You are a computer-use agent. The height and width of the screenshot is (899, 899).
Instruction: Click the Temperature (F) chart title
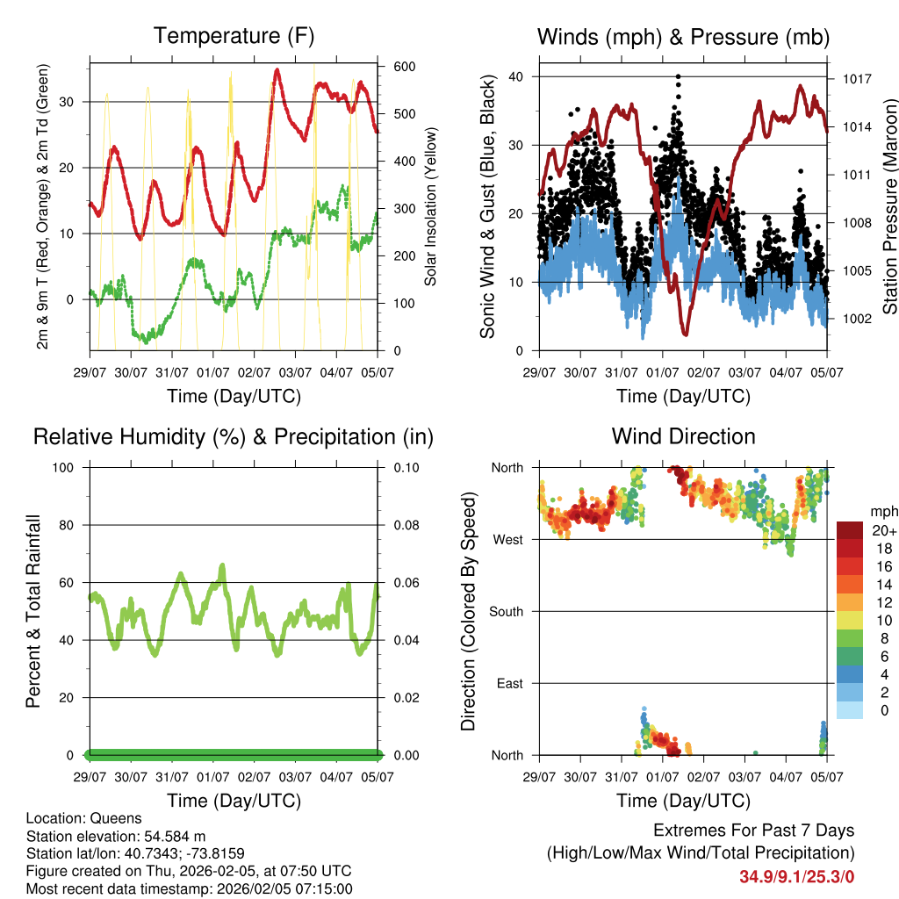(234, 37)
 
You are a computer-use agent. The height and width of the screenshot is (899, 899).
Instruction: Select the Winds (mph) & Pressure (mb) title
(683, 37)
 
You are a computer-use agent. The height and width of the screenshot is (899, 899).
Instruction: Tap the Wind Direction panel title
(683, 436)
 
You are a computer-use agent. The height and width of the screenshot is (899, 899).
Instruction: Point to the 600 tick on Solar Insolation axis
(404, 67)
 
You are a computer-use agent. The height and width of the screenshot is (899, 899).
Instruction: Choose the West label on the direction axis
(508, 539)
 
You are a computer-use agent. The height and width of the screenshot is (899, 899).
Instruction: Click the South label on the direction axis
(507, 611)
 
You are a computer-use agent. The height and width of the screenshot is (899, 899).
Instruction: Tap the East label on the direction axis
(510, 683)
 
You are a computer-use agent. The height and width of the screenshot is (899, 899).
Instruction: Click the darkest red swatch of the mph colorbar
(849, 530)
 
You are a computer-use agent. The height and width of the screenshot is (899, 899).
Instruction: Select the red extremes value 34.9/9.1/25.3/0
(796, 875)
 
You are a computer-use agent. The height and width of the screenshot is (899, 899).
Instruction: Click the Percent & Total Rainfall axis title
(33, 611)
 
